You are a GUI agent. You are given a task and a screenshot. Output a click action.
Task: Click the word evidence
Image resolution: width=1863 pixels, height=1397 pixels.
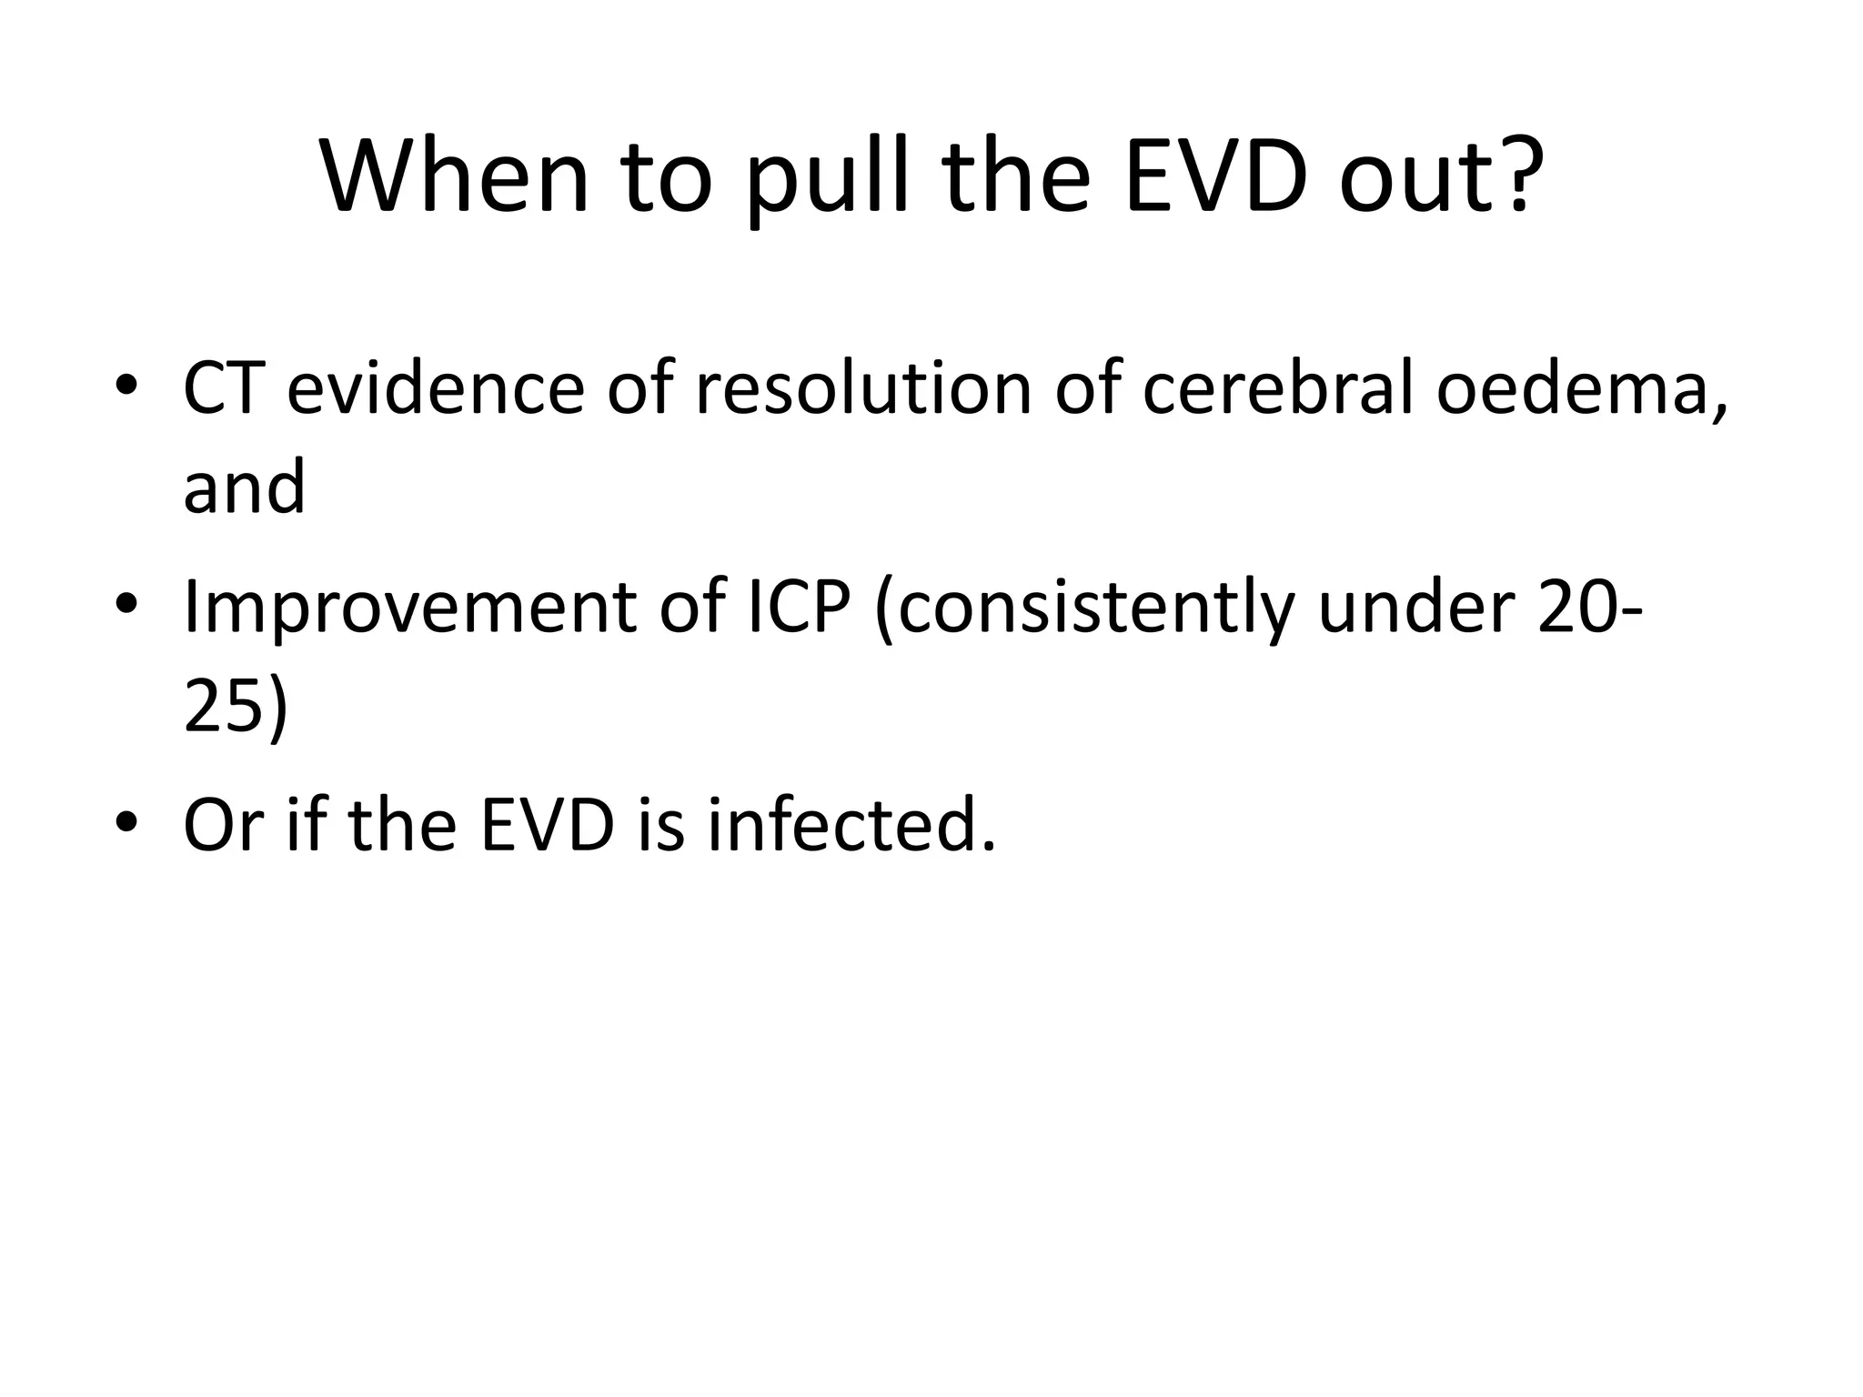(434, 388)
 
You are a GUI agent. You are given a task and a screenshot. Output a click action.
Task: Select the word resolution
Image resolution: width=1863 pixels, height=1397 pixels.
(863, 388)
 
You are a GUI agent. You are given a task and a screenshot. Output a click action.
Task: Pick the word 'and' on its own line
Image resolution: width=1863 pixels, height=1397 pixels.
(244, 487)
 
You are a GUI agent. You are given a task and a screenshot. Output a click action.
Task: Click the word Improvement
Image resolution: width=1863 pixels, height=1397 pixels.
(409, 607)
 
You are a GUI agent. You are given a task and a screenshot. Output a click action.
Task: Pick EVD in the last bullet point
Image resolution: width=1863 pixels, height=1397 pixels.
(546, 825)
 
